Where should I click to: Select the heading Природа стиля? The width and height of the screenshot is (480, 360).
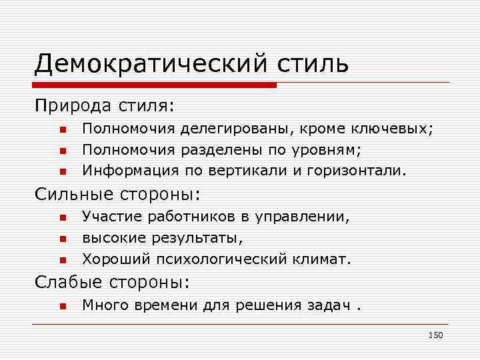coord(105,105)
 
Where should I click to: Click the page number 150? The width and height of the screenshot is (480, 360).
coord(435,335)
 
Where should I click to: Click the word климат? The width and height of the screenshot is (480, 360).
coord(325,258)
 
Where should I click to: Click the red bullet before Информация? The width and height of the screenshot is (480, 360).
coord(61,171)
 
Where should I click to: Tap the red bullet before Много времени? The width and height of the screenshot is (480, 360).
coord(61,306)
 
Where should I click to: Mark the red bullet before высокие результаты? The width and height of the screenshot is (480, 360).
coord(61,238)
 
